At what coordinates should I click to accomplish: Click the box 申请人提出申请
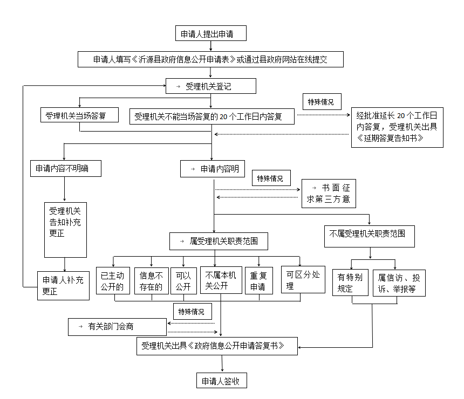point(211,33)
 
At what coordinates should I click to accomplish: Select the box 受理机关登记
point(210,86)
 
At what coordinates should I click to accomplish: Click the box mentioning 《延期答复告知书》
point(397,127)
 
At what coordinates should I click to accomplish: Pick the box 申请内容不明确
point(65,169)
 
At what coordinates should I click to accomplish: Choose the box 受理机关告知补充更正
point(65,230)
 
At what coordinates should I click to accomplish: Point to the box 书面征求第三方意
point(329,194)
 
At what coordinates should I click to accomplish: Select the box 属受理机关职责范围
point(219,242)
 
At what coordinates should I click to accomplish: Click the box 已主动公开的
point(112,280)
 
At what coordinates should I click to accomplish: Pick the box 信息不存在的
point(151,280)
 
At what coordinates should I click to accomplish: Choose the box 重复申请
point(258,280)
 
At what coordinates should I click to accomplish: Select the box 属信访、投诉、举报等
point(399,283)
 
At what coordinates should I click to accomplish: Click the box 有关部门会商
point(117,326)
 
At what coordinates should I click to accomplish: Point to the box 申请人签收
point(222,381)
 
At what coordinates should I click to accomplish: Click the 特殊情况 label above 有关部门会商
point(192,311)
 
